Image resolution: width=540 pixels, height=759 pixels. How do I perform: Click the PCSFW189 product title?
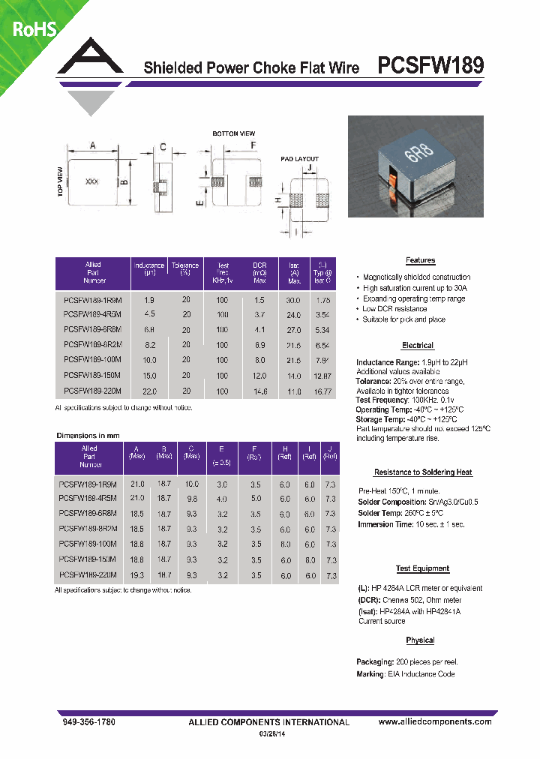[430, 66]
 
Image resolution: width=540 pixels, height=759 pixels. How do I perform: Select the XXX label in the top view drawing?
[92, 182]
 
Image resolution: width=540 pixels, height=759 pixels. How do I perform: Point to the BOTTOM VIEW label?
[234, 133]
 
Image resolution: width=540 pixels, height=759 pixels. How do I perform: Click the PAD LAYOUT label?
[299, 159]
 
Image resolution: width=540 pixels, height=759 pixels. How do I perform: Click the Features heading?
[420, 260]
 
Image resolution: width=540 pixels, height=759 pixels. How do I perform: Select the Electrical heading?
[417, 346]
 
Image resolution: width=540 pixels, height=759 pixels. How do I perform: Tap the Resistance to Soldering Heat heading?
[423, 472]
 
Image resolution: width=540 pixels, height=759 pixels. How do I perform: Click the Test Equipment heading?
[422, 569]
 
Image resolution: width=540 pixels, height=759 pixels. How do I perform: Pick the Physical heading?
[420, 640]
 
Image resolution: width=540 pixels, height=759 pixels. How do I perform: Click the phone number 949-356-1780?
[86, 721]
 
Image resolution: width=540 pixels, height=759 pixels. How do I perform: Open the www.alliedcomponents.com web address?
[434, 721]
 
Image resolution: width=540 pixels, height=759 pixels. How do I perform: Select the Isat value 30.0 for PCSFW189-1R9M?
[294, 300]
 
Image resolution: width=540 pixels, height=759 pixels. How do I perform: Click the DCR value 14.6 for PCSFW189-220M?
[259, 391]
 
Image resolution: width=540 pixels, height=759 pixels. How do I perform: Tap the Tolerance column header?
[185, 269]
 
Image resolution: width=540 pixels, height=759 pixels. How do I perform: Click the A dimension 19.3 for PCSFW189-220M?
[136, 575]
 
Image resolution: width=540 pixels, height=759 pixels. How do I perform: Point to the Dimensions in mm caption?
[88, 436]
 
